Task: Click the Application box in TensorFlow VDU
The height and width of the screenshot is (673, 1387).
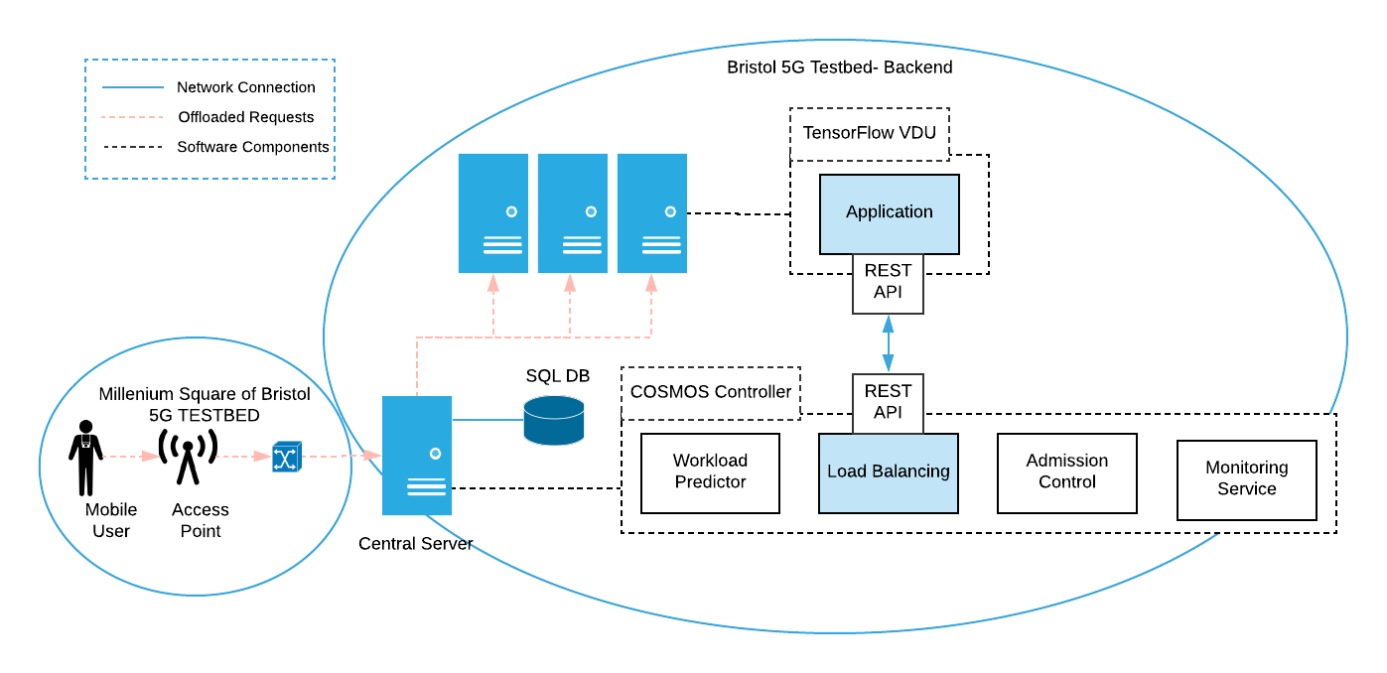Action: pos(889,213)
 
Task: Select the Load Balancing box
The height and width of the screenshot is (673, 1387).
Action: pos(888,472)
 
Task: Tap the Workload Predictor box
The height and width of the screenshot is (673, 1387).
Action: pos(710,472)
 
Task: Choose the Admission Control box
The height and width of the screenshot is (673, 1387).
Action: pos(1066,472)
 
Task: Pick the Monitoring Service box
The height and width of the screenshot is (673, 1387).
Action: pos(1246,479)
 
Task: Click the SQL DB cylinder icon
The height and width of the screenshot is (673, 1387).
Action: pos(553,420)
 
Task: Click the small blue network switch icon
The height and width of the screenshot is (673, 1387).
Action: pos(286,457)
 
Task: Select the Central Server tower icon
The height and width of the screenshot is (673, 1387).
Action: pos(417,456)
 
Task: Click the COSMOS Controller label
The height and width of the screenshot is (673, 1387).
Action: pos(711,392)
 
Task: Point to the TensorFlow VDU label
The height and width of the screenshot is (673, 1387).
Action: pos(869,133)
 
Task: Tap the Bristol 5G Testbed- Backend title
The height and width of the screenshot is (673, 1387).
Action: pos(839,67)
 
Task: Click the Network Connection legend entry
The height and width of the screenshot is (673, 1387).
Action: pos(245,87)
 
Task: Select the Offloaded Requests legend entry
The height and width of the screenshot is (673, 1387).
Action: pos(245,117)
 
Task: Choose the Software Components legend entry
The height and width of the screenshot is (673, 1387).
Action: pos(252,147)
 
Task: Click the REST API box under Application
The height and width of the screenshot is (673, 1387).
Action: pos(888,283)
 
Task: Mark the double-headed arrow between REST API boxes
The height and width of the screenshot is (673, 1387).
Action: pos(888,343)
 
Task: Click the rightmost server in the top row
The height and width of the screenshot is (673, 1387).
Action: pos(651,213)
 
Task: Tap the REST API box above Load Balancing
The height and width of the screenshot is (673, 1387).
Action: pos(888,402)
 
